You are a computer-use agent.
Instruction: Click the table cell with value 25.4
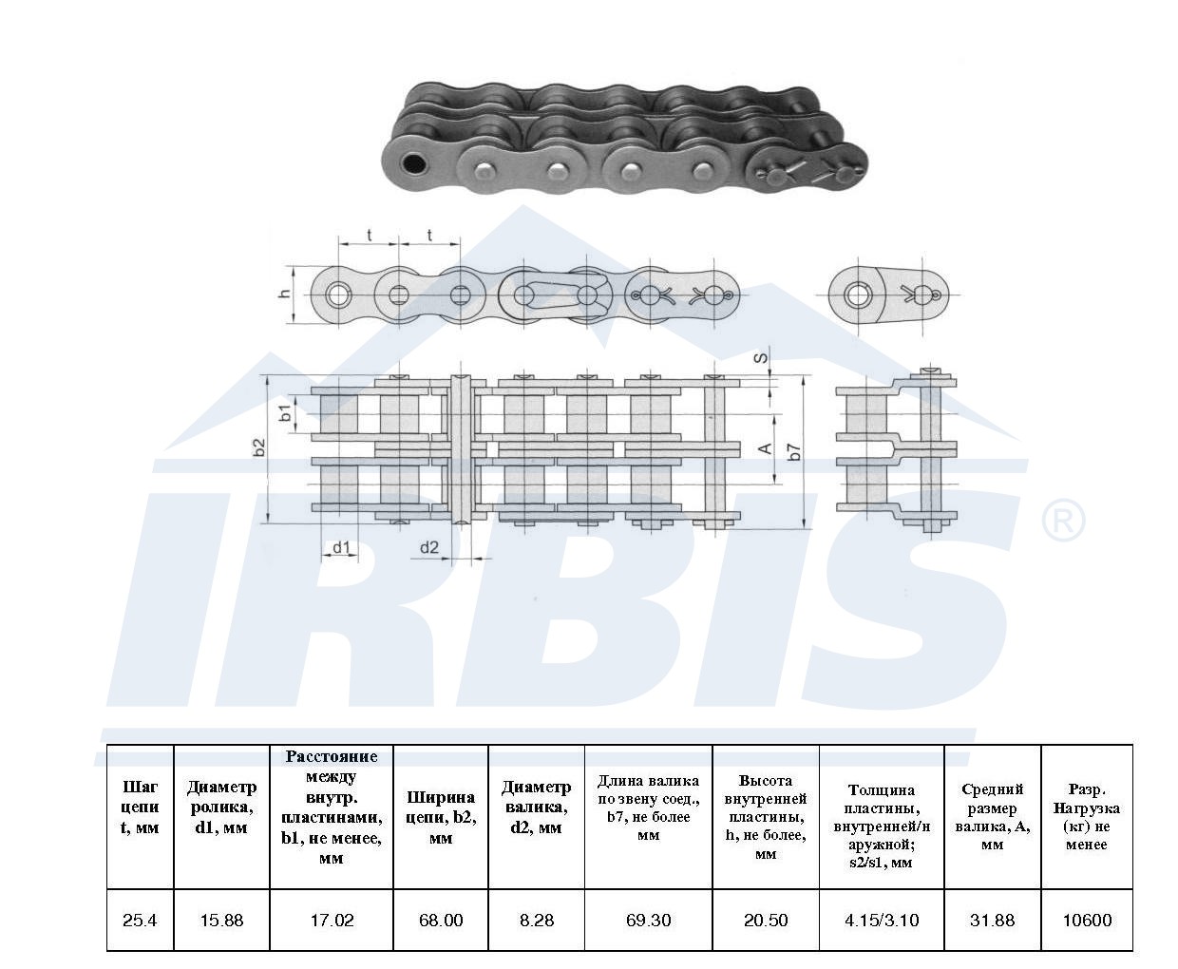140,920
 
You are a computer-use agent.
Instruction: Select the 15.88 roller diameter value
221,920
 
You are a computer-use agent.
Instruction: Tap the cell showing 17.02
332,920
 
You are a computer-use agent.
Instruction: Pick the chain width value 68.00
441,920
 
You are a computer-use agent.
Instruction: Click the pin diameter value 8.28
536,920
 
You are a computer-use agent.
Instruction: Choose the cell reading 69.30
648,920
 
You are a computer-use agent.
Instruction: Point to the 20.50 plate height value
766,920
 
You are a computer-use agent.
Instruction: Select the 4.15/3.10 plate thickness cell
882,920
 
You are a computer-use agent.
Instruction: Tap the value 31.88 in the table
992,920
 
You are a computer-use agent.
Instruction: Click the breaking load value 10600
1087,920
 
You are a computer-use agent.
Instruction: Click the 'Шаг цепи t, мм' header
140,807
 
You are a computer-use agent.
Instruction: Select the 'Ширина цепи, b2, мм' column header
441,817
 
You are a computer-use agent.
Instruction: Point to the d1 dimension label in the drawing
341,547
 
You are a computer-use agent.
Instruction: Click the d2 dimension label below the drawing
429,547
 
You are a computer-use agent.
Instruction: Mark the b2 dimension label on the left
258,447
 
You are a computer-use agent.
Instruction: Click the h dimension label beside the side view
285,293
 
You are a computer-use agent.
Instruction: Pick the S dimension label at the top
761,357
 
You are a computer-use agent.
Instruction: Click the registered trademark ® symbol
1063,521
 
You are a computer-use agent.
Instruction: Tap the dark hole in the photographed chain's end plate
413,163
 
